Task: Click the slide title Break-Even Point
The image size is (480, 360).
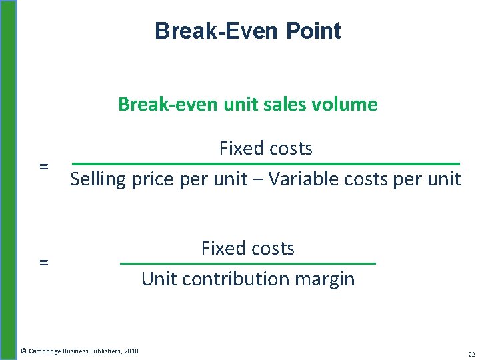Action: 247,31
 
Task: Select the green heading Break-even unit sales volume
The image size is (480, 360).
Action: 247,104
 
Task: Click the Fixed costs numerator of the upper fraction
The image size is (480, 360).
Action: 265,148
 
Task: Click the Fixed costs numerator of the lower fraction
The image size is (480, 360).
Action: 247,248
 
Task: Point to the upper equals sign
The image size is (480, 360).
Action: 44,166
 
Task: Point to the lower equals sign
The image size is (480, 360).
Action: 44,263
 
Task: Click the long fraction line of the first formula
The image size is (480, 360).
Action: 265,164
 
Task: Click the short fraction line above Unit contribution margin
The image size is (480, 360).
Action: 247,264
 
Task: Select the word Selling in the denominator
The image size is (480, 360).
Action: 94,179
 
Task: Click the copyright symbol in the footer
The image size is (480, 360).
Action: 23,351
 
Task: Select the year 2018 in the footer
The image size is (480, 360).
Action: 131,351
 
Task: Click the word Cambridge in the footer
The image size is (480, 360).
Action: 45,351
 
